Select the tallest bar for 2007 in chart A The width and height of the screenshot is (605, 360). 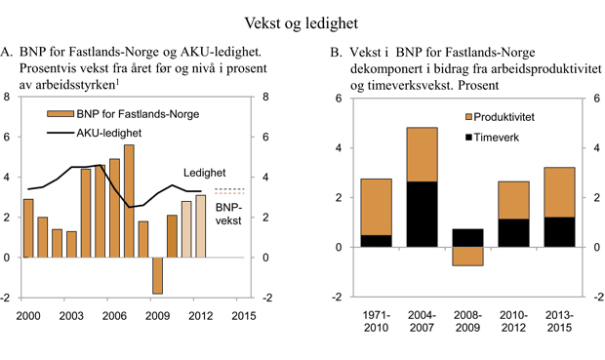pyautogui.click(x=129, y=201)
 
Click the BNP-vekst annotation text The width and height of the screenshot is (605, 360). pyautogui.click(x=228, y=214)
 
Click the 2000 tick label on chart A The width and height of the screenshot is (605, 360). pyautogui.click(x=27, y=316)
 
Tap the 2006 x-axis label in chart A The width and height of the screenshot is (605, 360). pyautogui.click(x=113, y=316)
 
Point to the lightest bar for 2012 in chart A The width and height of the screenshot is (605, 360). pyautogui.click(x=200, y=226)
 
